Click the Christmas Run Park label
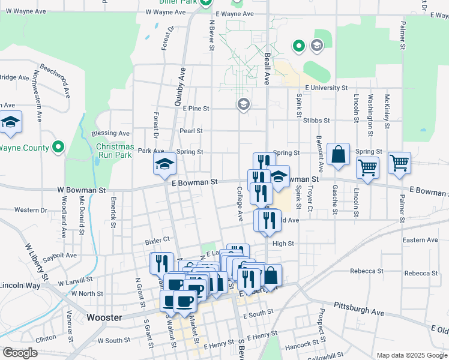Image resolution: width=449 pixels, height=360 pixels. [x=115, y=151]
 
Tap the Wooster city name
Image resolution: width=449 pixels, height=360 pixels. [x=104, y=317]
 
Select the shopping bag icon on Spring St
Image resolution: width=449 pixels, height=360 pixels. [x=339, y=154]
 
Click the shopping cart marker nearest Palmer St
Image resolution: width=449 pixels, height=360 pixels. [x=399, y=163]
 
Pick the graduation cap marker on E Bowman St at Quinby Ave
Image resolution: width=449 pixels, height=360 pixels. [x=164, y=164]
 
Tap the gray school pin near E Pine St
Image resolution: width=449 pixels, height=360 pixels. [x=243, y=105]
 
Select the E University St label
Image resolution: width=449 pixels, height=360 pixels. [x=326, y=88]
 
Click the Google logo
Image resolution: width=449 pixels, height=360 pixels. [x=20, y=353]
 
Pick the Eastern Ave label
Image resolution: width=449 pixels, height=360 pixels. [x=420, y=240]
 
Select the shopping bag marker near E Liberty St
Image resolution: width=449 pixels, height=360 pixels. [x=271, y=276]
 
